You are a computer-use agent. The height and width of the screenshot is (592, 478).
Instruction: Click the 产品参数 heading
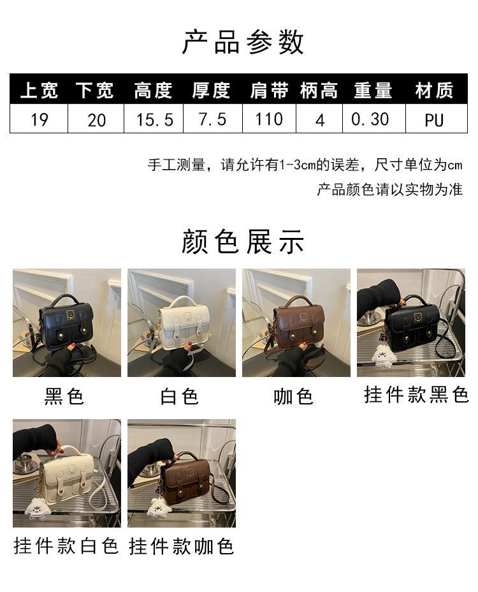pos(243,42)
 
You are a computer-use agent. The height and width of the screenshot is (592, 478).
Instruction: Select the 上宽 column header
pos(39,91)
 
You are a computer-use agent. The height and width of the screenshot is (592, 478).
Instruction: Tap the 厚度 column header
pos(211,91)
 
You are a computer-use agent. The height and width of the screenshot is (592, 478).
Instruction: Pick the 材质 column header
pos(434,91)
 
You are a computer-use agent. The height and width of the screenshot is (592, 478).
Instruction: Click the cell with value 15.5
pos(154,120)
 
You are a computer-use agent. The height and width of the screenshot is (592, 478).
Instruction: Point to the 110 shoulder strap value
pos(269,119)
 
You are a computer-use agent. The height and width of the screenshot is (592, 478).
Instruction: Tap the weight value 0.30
pos(370,119)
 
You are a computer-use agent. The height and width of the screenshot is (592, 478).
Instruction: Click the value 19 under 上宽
pos(40,120)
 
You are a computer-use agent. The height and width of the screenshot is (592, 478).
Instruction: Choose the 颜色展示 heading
pos(243,242)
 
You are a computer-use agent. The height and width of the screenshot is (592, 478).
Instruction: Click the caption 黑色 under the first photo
pos(64,396)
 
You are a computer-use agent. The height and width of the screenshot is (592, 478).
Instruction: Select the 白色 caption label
pos(179,396)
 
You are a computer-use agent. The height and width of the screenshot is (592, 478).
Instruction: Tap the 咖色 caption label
pos(294,396)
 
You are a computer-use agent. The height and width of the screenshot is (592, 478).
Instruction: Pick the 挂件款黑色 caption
pos(416,394)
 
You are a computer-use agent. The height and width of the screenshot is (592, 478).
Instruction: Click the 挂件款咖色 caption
pos(181,546)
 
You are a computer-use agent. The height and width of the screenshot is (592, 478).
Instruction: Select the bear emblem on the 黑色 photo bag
pos(70,314)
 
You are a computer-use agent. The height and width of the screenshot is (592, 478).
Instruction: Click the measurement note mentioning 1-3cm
pos(305,165)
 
